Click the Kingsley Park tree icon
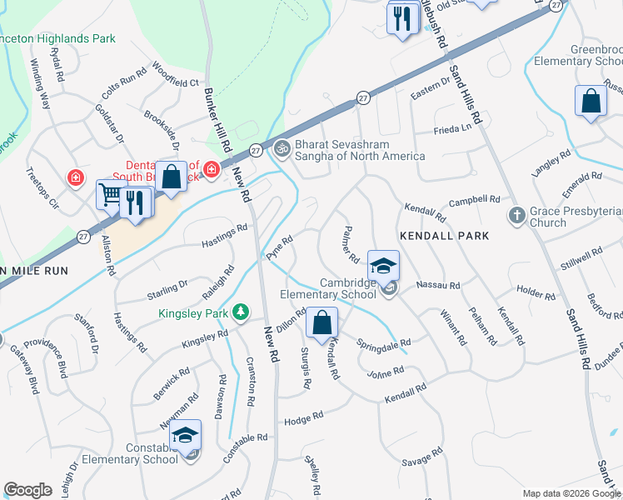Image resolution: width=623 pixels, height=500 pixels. [241, 312]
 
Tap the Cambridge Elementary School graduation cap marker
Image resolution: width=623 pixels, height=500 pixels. [383, 266]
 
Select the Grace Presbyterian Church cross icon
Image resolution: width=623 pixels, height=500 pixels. [516, 215]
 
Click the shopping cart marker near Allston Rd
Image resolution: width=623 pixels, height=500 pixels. [111, 195]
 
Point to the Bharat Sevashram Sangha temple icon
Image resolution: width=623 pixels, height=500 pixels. [282, 148]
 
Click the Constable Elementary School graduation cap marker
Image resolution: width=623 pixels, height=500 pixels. [187, 435]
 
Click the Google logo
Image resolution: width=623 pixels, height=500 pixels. [27, 490]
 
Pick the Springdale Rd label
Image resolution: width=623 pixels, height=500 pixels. [384, 343]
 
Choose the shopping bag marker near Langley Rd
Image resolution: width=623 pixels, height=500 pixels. [591, 102]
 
